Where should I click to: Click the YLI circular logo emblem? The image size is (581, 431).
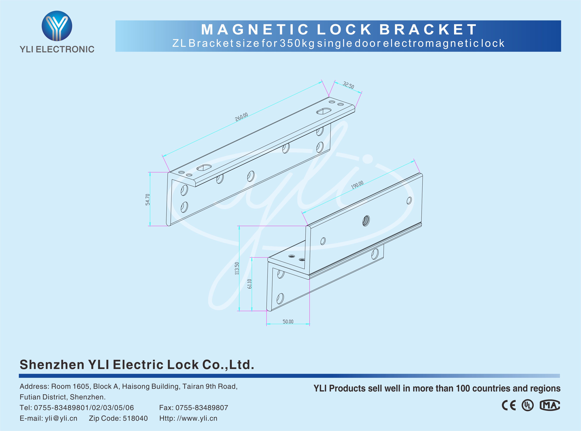click(x=57, y=26)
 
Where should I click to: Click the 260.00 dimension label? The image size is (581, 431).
click(x=241, y=117)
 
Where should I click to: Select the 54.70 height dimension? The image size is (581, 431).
click(x=148, y=200)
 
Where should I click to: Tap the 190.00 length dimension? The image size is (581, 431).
click(x=357, y=185)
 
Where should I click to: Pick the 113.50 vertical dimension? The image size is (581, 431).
click(x=237, y=268)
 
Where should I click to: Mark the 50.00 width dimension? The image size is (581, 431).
click(x=288, y=321)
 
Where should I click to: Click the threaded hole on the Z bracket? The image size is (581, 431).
click(x=366, y=221)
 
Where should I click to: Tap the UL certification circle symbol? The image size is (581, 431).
click(x=527, y=405)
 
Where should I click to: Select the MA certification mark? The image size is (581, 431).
click(x=550, y=405)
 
